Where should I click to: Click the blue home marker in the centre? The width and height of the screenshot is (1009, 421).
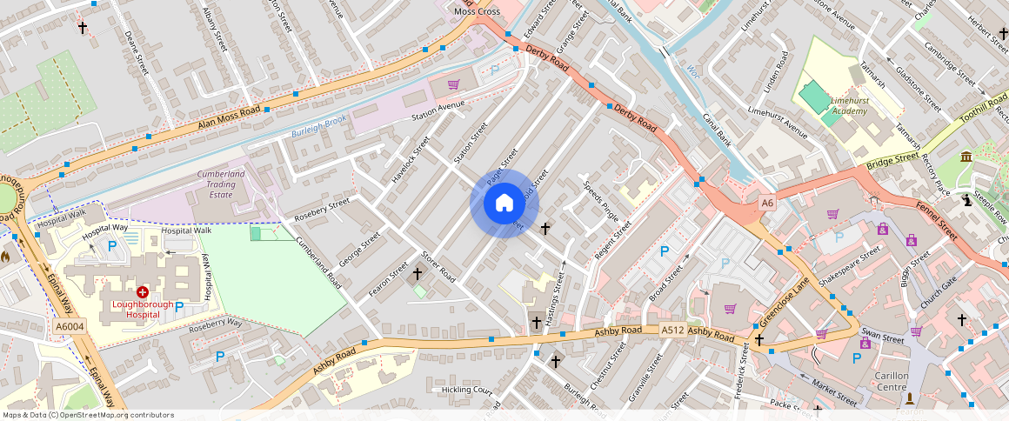click(504, 204)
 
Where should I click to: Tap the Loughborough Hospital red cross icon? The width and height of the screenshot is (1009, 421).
click(142, 293)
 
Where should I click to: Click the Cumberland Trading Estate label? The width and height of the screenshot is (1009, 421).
click(221, 184)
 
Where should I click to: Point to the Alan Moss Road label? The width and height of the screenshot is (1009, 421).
click(230, 119)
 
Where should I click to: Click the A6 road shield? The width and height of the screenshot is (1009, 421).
click(766, 203)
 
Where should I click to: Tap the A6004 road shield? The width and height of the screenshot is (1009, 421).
click(69, 326)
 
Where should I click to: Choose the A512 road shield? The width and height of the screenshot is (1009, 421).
click(672, 331)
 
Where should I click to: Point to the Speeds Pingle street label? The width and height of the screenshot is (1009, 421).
click(601, 200)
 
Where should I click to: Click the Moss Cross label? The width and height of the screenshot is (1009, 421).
click(477, 11)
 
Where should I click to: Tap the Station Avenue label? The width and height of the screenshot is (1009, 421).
click(438, 110)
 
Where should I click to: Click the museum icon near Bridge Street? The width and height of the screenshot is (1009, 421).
click(966, 157)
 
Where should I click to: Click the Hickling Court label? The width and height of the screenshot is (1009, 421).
click(467, 390)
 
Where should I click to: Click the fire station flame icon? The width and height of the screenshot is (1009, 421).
click(6, 257)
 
